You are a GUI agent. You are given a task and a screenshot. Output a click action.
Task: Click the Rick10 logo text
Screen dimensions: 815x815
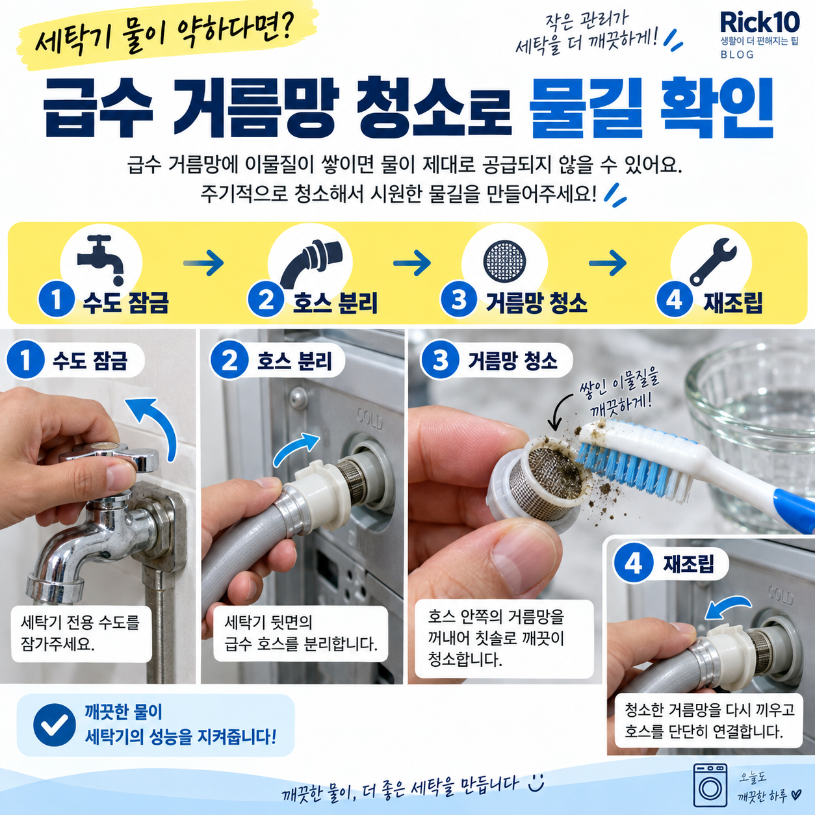[x=760, y=22]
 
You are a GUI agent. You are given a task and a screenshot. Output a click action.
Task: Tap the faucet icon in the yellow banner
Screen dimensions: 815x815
[x=100, y=259]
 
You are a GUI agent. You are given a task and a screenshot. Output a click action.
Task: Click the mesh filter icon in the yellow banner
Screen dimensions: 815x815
[x=504, y=261]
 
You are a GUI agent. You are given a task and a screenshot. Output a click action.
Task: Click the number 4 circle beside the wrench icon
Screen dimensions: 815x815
[x=674, y=300]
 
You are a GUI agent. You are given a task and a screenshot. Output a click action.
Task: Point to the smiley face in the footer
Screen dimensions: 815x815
[x=536, y=782]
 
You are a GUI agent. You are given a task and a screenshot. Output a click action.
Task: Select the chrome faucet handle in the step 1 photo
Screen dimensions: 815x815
[x=109, y=456]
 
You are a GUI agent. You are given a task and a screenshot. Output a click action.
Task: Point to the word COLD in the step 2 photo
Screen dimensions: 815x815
[x=370, y=420]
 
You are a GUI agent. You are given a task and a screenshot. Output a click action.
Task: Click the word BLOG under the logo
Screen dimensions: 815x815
[x=738, y=55]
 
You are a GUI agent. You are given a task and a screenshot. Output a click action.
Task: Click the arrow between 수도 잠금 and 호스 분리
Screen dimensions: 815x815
[x=204, y=263]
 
